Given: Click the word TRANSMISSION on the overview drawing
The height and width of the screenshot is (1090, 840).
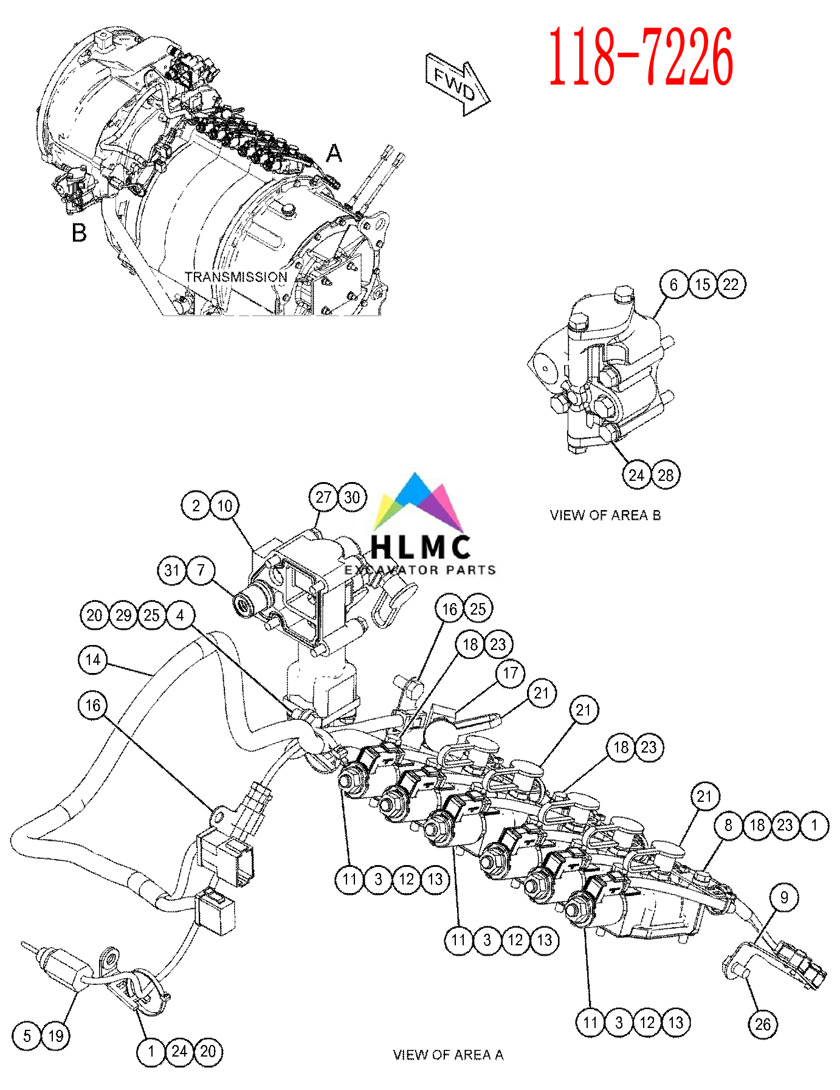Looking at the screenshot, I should click(x=236, y=277).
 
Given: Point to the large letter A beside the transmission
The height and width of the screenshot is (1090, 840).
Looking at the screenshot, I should click(x=334, y=153).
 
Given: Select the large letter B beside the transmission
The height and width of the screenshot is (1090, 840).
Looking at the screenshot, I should click(x=79, y=233).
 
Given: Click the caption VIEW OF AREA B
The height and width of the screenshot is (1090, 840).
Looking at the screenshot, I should click(x=605, y=516).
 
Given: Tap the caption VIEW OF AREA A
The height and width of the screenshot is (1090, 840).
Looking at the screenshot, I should click(x=448, y=1055).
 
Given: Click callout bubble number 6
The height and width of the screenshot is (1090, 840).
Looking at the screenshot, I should click(x=673, y=285).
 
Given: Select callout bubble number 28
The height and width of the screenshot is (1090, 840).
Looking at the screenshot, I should click(x=666, y=475).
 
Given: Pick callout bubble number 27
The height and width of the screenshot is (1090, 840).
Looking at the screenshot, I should click(x=323, y=497).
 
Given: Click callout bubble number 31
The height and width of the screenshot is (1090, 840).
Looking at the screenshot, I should click(x=172, y=570).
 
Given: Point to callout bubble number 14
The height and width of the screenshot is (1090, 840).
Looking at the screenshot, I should click(x=93, y=660).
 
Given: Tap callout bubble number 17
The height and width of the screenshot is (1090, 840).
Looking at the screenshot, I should click(x=511, y=673).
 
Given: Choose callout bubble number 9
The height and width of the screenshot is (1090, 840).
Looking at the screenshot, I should click(x=784, y=897).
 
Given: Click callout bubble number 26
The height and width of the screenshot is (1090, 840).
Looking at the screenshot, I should click(x=763, y=1024).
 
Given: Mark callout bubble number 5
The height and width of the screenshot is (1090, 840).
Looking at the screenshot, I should click(x=27, y=1036).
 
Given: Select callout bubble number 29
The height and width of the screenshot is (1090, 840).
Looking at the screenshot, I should click(x=123, y=615).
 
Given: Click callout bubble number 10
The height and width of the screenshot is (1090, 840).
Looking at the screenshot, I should click(x=224, y=506).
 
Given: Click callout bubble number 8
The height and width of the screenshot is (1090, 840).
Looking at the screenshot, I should click(x=728, y=826).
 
